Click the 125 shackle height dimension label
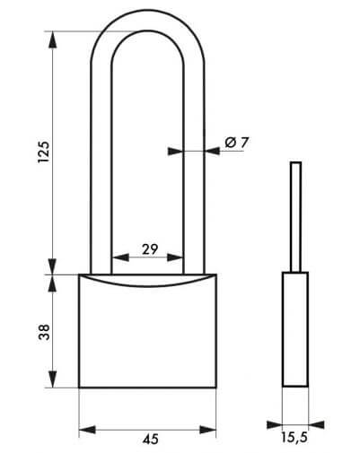43,152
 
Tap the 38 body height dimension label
44,332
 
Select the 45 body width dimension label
151,440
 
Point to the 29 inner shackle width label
150,249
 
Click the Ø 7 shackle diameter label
237,143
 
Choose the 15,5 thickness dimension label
294,438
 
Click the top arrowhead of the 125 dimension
53,39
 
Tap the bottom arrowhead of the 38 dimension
53,379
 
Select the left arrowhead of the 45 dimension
87,430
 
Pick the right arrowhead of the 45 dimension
207,430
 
